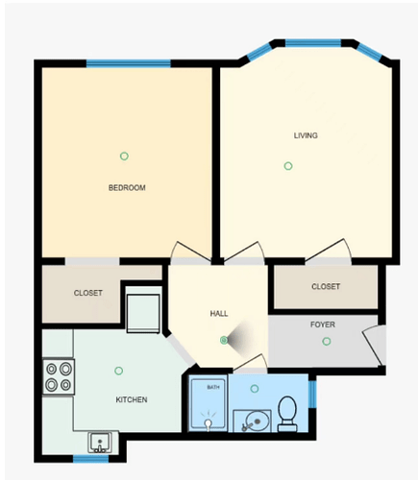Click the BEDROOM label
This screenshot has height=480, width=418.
(127, 187)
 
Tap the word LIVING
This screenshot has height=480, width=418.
(306, 135)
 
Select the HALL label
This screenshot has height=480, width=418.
(219, 314)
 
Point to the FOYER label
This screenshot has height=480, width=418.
(323, 324)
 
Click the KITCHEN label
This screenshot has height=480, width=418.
(132, 399)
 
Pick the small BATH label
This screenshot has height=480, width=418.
(213, 387)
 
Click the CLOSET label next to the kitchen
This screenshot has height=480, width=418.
(88, 293)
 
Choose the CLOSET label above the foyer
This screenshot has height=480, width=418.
(326, 286)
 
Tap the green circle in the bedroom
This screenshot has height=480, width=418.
(124, 156)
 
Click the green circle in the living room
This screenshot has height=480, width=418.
(288, 166)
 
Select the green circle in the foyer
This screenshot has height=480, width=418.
(327, 342)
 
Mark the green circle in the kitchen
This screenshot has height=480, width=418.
(119, 371)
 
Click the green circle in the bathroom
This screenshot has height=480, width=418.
(255, 389)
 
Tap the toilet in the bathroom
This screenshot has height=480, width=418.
(287, 414)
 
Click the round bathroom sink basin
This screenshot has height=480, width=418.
(257, 421)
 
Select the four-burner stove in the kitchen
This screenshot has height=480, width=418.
(59, 376)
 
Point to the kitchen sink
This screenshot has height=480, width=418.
(100, 443)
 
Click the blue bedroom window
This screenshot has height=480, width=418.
(129, 63)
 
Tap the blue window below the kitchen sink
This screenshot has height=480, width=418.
(91, 459)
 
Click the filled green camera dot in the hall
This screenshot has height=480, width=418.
(224, 340)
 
